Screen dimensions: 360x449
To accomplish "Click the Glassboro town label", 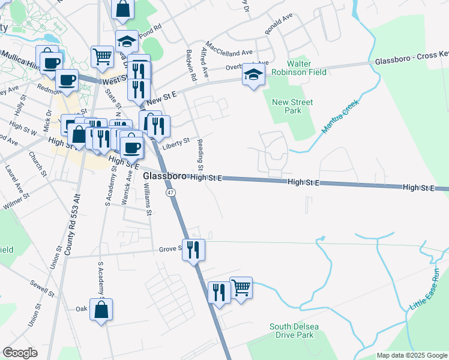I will [164, 176].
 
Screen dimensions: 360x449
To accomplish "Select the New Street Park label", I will [292, 106].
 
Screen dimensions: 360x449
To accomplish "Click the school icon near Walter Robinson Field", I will [253, 76].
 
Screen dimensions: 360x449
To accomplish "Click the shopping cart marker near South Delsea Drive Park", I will [241, 287].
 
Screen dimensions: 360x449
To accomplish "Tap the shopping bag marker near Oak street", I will [101, 310].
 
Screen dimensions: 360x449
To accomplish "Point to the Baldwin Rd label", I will [191, 66].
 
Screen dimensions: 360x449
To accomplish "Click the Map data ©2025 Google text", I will [411, 355].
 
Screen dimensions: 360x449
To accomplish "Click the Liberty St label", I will [176, 142].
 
